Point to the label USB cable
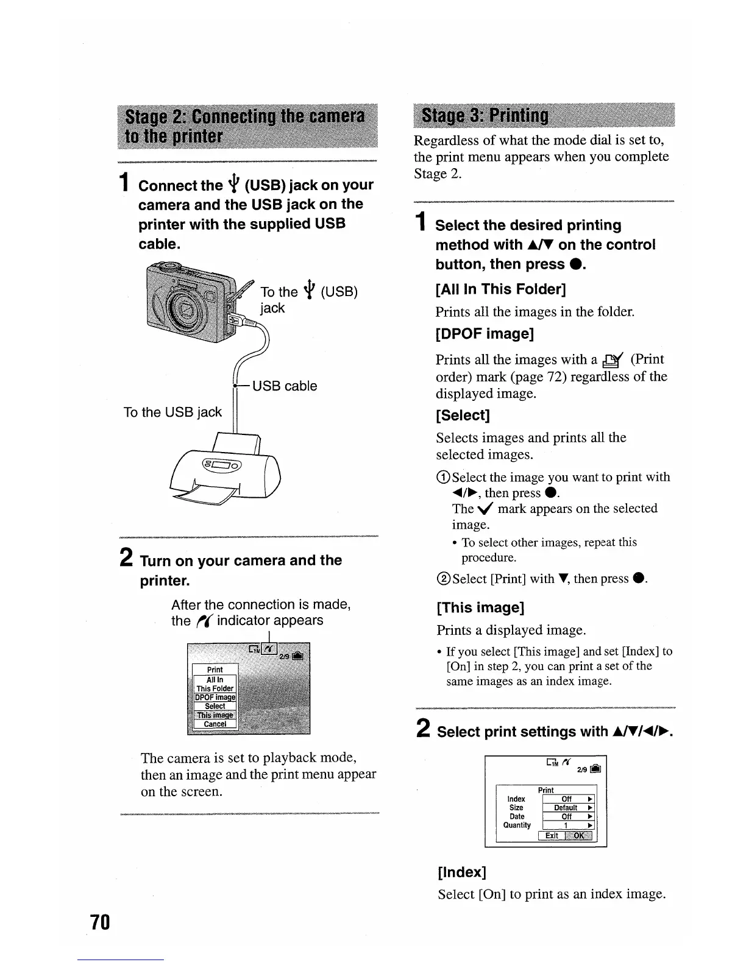pyautogui.click(x=285, y=386)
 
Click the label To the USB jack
pyautogui.click(x=172, y=412)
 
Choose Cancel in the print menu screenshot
pyautogui.click(x=215, y=724)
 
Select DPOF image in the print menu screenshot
pyautogui.click(x=215, y=698)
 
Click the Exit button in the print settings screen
pyautogui.click(x=552, y=835)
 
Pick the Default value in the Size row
pyautogui.click(x=566, y=808)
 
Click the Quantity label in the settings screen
pyautogui.click(x=517, y=825)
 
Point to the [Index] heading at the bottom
pyautogui.click(x=462, y=872)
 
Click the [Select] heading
pyautogui.click(x=463, y=415)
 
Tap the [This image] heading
pyautogui.click(x=480, y=607)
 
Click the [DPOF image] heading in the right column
pyautogui.click(x=485, y=334)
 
